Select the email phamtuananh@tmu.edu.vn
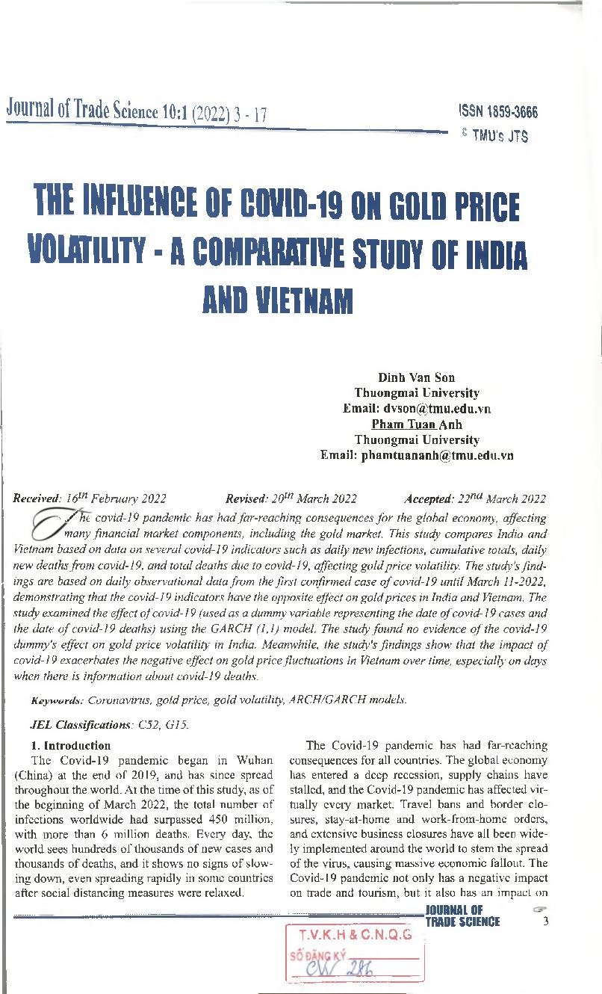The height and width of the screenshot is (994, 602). (x=437, y=456)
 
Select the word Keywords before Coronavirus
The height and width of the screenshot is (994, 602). (x=57, y=700)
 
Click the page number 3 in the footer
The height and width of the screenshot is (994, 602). (x=546, y=921)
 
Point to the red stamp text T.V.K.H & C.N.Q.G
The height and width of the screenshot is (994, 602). (x=355, y=934)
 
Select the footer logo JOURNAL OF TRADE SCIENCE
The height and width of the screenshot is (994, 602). (x=462, y=916)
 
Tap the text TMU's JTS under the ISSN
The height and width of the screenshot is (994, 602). (x=499, y=137)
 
